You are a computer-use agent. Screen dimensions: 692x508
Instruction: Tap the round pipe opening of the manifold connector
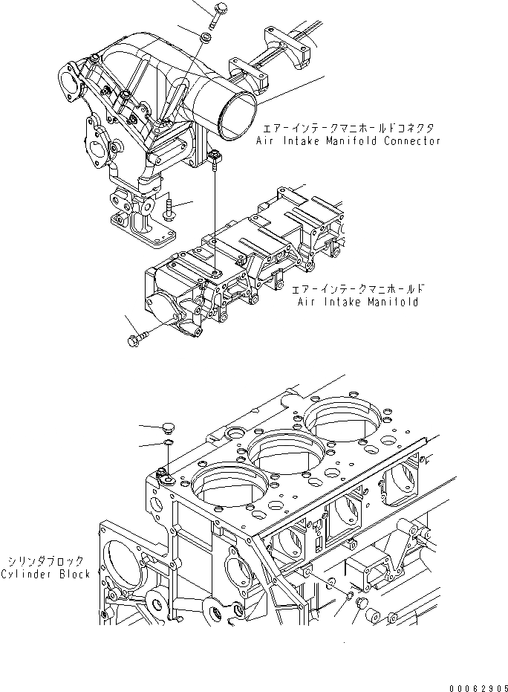pyautogui.click(x=236, y=114)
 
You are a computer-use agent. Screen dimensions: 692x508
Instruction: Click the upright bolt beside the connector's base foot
pyautogui.click(x=169, y=209)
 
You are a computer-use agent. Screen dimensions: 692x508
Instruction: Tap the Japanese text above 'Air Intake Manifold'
pyautogui.click(x=357, y=288)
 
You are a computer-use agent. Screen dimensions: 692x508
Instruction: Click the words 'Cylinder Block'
pyautogui.click(x=46, y=574)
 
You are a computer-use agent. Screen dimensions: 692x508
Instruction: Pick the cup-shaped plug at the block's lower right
pyautogui.click(x=364, y=604)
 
